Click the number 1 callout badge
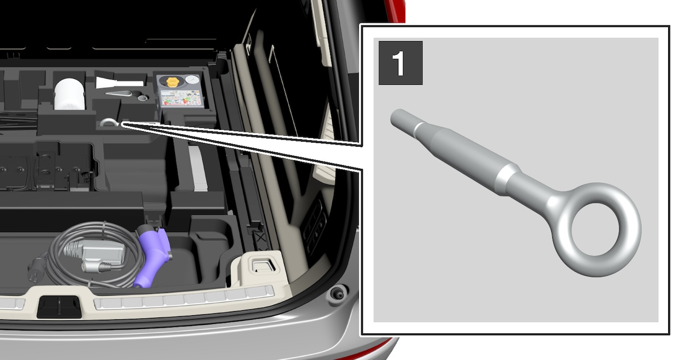pyautogui.click(x=400, y=63)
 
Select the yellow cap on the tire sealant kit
pyautogui.click(x=173, y=82)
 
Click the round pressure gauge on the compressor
pyautogui.click(x=192, y=80)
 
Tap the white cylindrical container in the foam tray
pyautogui.click(x=69, y=94)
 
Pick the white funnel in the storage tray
pyautogui.click(x=119, y=83)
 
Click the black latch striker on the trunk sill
pyautogui.click(x=59, y=307)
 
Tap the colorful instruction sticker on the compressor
pyautogui.click(x=181, y=97)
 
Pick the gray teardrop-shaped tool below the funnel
pyautogui.click(x=119, y=93)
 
